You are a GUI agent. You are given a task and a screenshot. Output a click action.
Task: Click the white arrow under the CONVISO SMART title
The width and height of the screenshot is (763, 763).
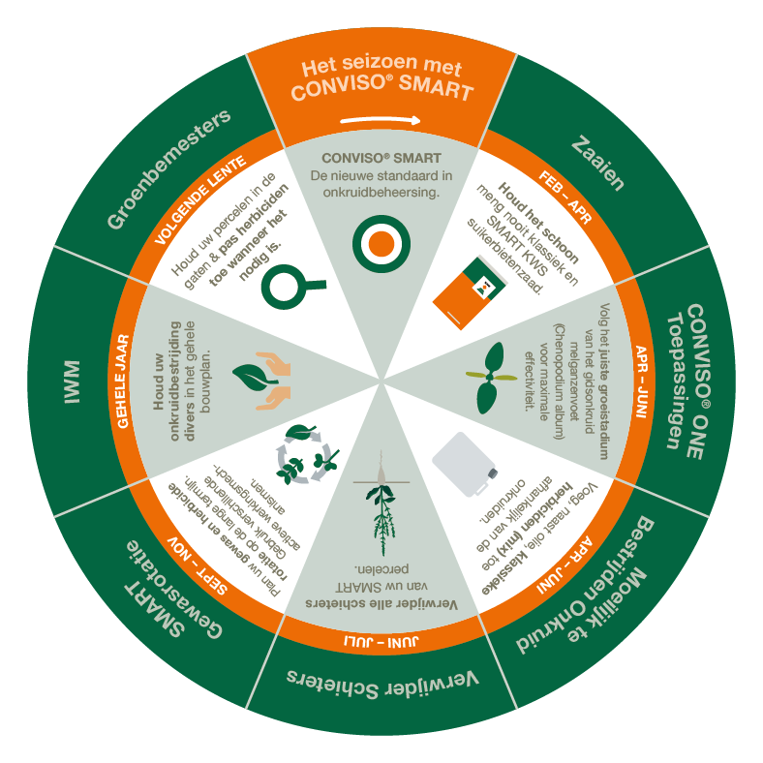click(x=381, y=121)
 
